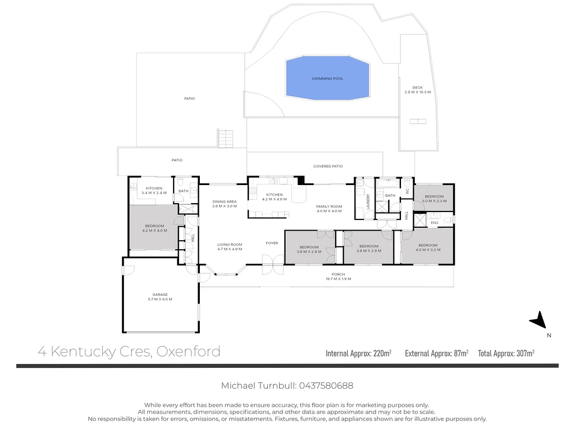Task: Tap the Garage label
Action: (159, 297)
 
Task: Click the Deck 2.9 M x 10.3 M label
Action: (417, 89)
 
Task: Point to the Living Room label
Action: (230, 246)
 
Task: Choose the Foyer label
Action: (272, 243)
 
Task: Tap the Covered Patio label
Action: (328, 166)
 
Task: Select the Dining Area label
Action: (224, 204)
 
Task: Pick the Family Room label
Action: (329, 209)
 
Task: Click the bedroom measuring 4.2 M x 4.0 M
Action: (154, 228)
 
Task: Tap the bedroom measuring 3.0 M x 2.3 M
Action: (433, 199)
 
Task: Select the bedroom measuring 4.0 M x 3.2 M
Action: (427, 247)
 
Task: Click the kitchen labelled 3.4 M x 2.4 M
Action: (154, 191)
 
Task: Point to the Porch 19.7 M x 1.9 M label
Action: (337, 277)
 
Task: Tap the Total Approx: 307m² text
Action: (506, 353)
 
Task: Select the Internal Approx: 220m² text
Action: (358, 353)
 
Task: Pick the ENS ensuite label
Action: (434, 223)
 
